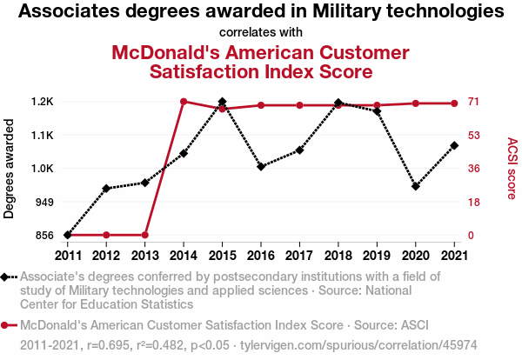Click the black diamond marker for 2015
(x=222, y=103)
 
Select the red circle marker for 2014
(x=184, y=102)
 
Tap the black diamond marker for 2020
(x=416, y=186)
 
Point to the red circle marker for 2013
(x=145, y=235)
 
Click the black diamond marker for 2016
(x=261, y=166)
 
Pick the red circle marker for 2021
(x=454, y=103)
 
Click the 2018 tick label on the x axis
(x=338, y=255)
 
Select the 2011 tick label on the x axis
(x=67, y=255)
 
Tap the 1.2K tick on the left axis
(x=42, y=102)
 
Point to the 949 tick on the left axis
(x=43, y=202)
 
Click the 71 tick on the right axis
(x=475, y=102)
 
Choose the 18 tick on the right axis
(x=475, y=202)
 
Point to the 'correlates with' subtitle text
(x=261, y=32)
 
